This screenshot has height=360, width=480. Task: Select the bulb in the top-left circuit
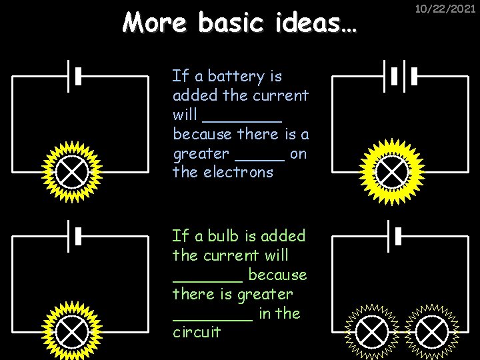[x=71, y=172]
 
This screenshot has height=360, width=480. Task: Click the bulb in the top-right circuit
[x=393, y=172]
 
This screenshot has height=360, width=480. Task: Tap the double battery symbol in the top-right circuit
[x=399, y=77]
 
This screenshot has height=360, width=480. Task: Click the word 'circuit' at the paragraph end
[x=196, y=332]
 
